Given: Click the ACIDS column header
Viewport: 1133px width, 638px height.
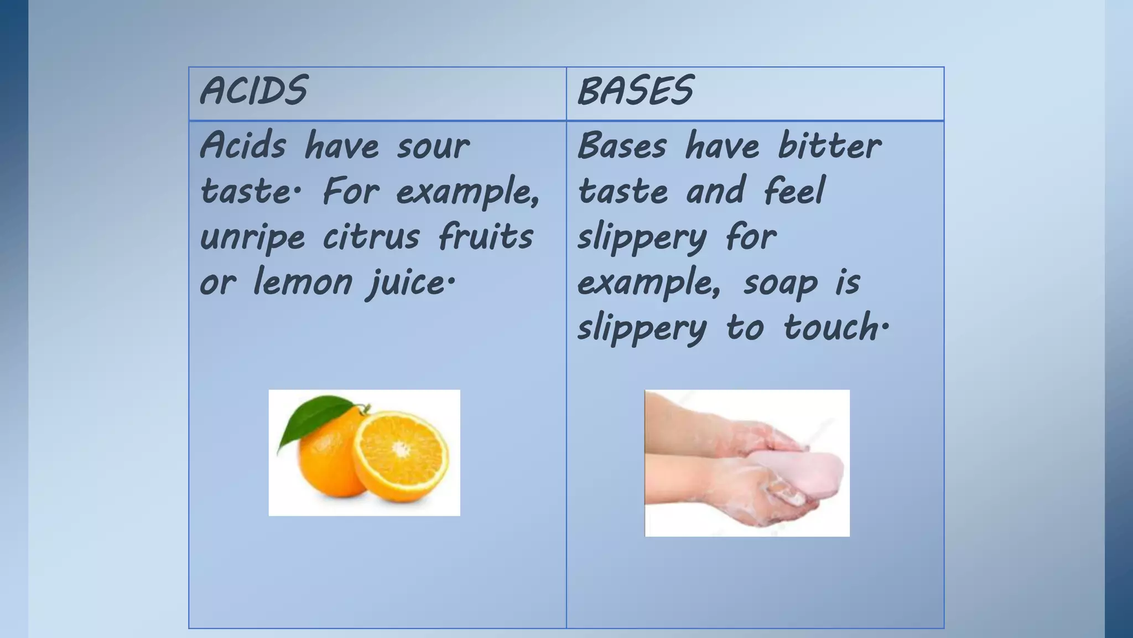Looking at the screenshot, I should [x=253, y=91].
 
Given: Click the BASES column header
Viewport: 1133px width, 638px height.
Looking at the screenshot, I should [x=635, y=91].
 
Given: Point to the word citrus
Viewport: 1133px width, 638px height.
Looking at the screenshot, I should [x=371, y=237].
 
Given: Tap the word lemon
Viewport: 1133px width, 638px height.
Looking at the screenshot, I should [x=303, y=282].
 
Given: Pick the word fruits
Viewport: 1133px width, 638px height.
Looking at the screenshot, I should [x=486, y=237].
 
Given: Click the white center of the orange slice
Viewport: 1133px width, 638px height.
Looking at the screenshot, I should [x=401, y=448].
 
